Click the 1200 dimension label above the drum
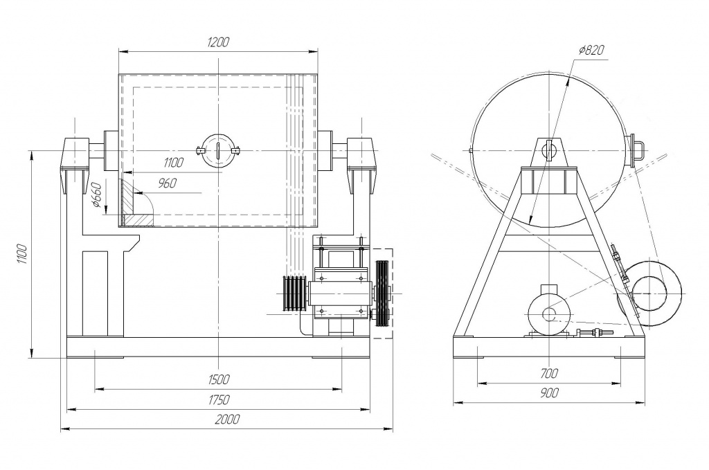point(218,42)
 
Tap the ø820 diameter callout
point(591,50)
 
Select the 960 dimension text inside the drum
point(168,183)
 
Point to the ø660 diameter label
point(96,195)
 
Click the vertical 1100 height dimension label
point(23,255)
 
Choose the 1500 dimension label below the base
point(219,379)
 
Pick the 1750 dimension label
point(219,400)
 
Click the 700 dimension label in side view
point(549,374)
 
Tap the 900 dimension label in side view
point(549,393)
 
